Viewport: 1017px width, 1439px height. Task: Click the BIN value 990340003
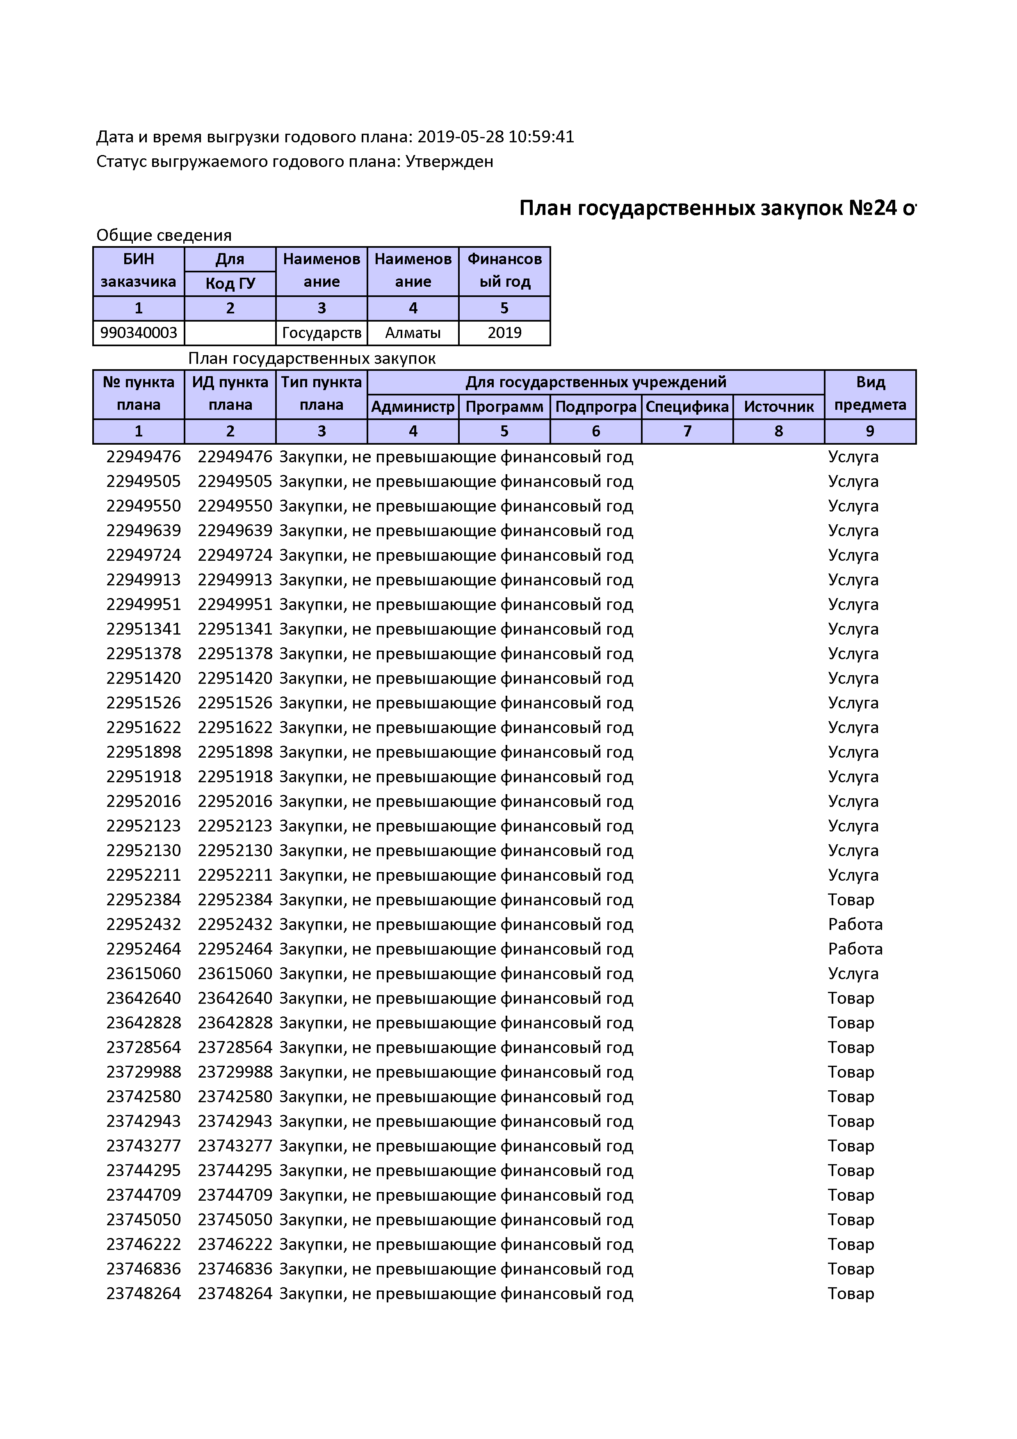tap(139, 333)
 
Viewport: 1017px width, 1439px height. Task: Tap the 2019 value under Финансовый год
tap(504, 333)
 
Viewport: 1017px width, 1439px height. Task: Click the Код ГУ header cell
tap(230, 283)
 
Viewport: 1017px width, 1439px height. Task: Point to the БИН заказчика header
tap(139, 271)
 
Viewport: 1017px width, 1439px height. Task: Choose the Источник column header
tap(778, 407)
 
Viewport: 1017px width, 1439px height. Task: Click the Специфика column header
tap(687, 407)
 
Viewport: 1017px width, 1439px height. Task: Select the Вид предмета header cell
tap(870, 394)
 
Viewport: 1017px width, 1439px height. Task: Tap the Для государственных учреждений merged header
tap(595, 382)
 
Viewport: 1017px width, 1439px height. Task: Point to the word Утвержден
tap(449, 162)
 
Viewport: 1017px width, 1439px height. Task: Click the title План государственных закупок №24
tap(708, 208)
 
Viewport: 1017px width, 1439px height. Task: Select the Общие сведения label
tap(164, 235)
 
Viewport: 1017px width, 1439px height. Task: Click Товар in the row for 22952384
tap(851, 900)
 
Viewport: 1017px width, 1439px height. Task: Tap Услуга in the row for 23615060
tap(853, 973)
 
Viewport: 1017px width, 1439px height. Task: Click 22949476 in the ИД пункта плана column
tap(235, 457)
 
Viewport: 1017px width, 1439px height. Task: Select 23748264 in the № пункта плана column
tap(144, 1294)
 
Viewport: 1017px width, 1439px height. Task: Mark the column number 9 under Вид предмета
tap(870, 431)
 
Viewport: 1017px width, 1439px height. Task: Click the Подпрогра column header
tap(595, 407)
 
